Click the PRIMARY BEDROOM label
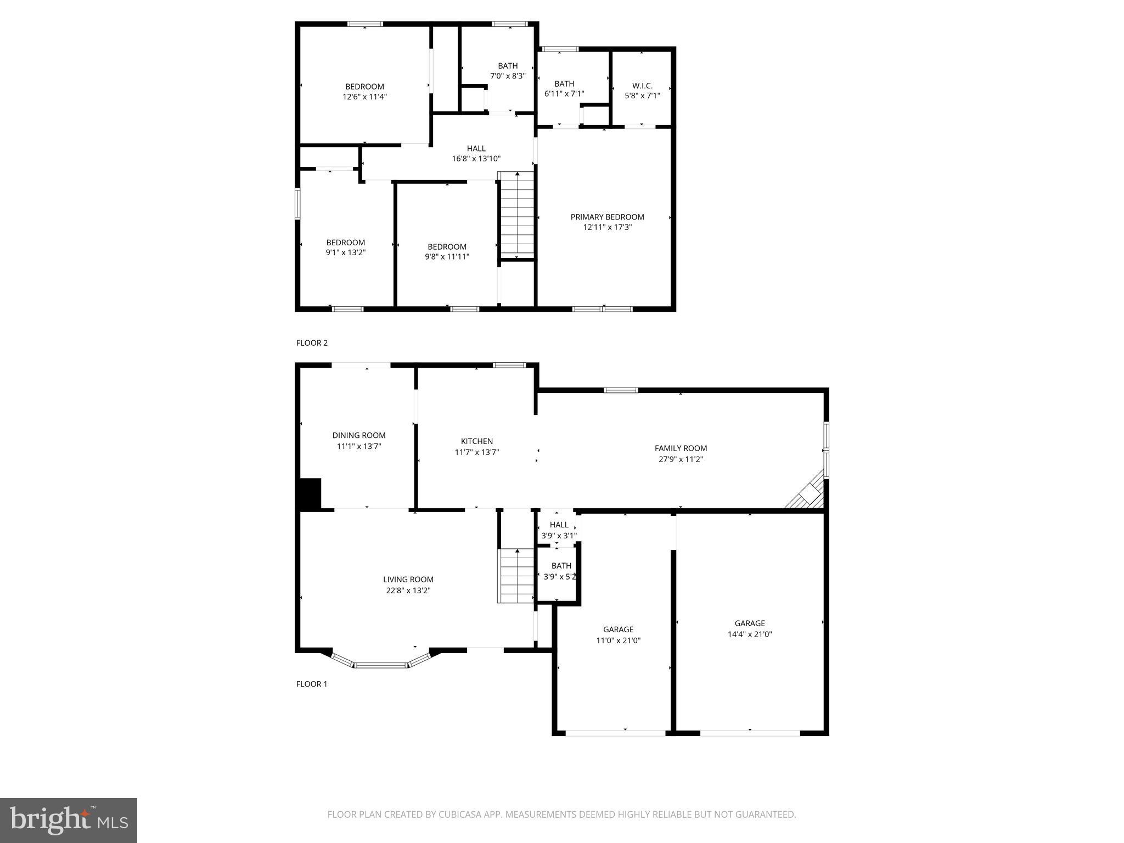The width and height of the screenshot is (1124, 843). tap(607, 217)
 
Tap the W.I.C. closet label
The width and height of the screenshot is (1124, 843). tap(642, 86)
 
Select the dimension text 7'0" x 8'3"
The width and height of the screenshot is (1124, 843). tap(508, 76)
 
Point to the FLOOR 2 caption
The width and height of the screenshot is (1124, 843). tap(312, 343)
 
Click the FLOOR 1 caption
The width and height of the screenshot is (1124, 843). tap(312, 684)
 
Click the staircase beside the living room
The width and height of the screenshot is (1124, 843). tap(516, 576)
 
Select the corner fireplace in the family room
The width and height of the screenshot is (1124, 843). tap(808, 493)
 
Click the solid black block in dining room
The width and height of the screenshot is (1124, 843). tap(310, 493)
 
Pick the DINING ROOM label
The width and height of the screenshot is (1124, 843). tap(359, 435)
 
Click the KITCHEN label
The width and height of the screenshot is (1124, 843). tap(476, 441)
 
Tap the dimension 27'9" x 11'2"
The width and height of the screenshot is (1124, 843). tap(681, 459)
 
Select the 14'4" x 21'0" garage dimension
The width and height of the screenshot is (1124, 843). tap(750, 634)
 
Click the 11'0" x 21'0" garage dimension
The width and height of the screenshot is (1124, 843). tap(619, 640)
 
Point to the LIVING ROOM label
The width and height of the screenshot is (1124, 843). tap(408, 579)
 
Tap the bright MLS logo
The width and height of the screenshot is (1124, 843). tap(69, 820)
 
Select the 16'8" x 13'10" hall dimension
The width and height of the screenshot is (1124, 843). tap(476, 159)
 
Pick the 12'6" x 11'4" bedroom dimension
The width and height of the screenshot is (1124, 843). tap(364, 97)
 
